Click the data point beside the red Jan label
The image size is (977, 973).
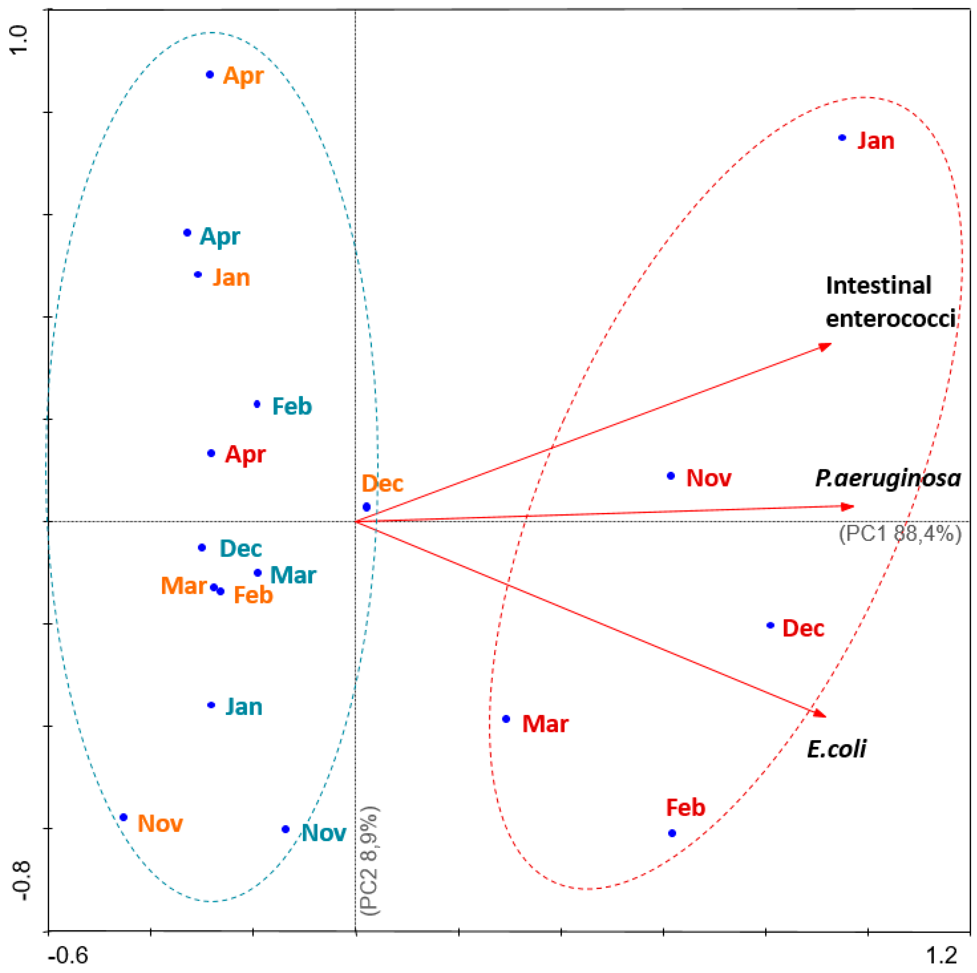(842, 138)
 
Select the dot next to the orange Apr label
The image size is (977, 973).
(210, 74)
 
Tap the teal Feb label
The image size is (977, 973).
(292, 406)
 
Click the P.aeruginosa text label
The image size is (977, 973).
(887, 478)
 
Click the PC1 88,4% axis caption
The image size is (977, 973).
(900, 534)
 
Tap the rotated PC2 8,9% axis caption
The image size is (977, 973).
(371, 860)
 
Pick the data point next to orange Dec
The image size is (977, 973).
(367, 507)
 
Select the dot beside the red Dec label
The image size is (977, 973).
(770, 625)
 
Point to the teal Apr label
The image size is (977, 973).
(220, 236)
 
